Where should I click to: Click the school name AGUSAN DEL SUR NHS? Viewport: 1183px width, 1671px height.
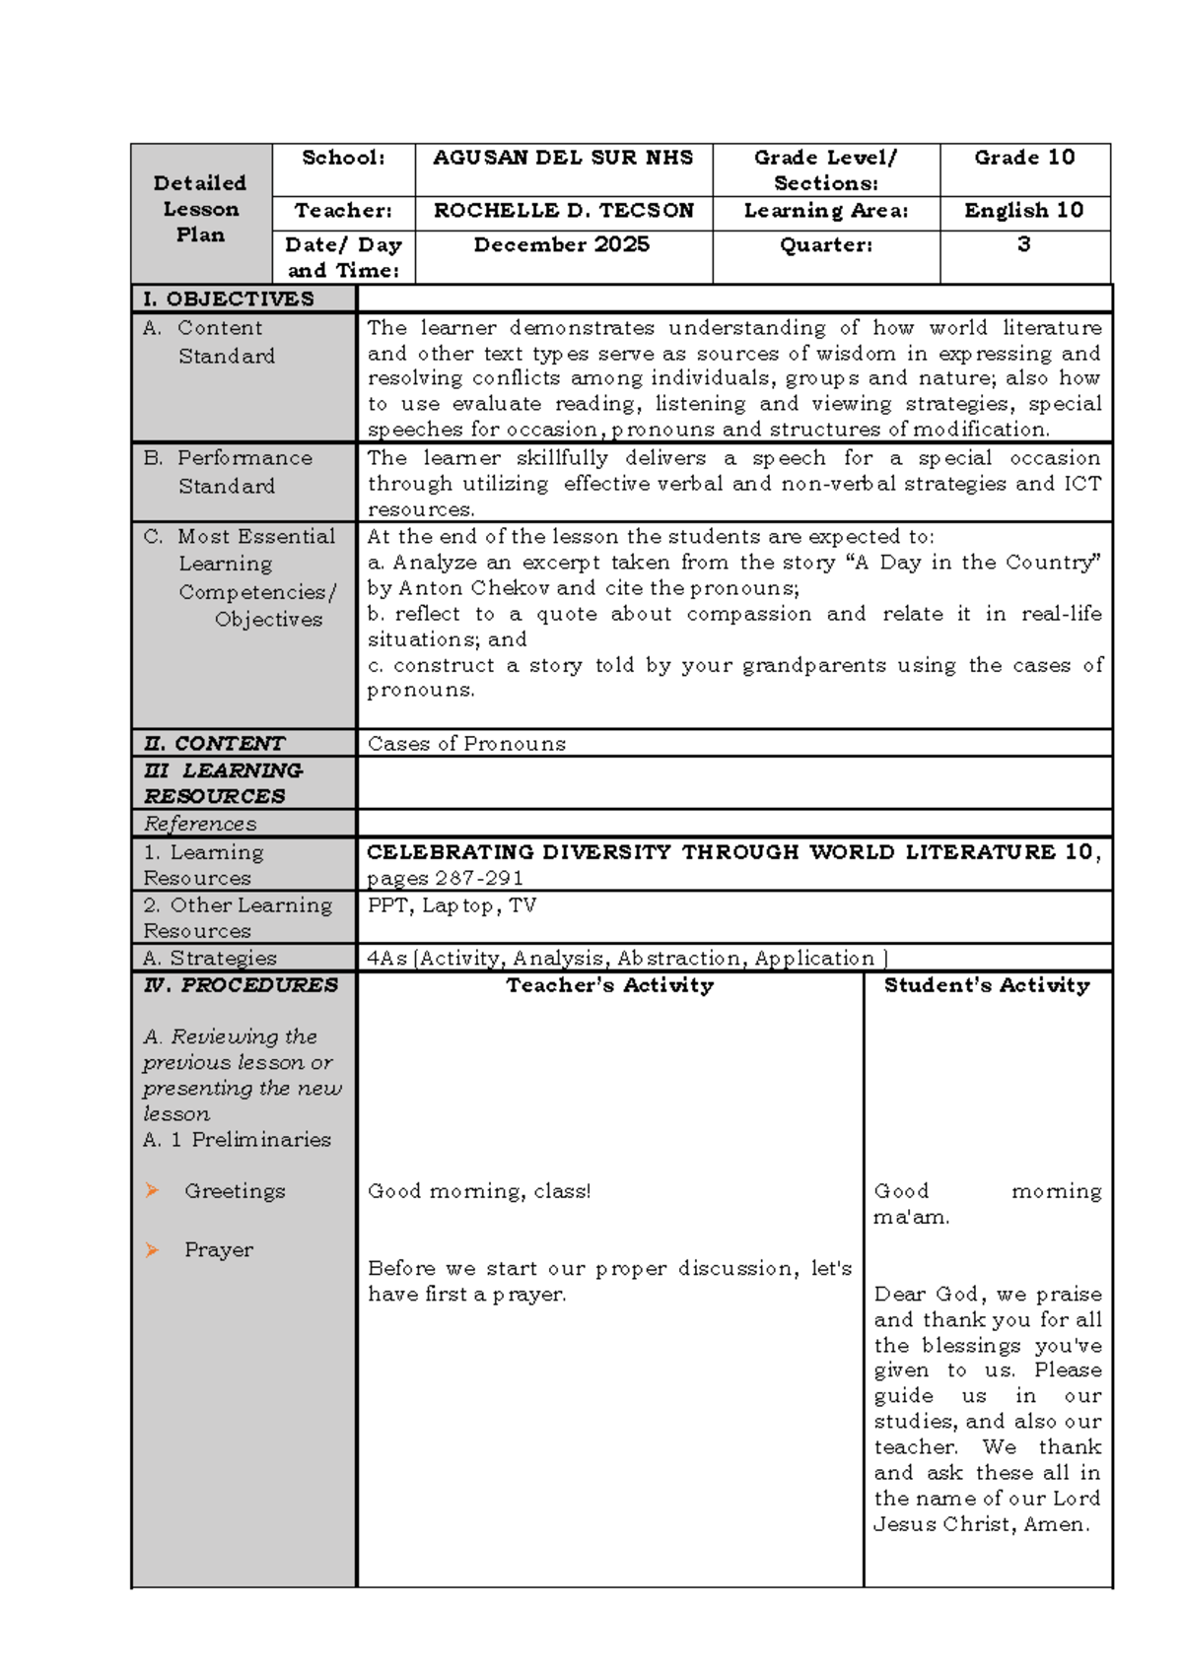pos(563,158)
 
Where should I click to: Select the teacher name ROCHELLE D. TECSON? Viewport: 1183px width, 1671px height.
pos(563,211)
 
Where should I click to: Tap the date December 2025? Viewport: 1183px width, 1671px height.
pos(561,244)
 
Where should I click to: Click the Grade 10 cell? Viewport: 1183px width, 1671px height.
pos(1024,158)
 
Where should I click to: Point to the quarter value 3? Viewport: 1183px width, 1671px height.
pos(1024,244)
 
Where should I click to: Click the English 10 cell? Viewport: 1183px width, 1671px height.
pos(1024,211)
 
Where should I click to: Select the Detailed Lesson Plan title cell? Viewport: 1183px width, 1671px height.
pos(200,209)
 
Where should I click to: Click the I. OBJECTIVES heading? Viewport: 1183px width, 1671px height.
pos(229,300)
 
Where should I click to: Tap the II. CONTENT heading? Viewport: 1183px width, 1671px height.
pos(214,744)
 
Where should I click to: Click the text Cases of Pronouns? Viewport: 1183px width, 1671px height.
pos(466,744)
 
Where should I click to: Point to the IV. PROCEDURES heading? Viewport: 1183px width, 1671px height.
pos(240,985)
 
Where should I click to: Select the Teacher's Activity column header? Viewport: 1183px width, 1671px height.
pos(609,985)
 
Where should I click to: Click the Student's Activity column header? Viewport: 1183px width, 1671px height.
pos(987,985)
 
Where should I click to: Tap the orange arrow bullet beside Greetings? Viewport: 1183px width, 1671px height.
pos(152,1190)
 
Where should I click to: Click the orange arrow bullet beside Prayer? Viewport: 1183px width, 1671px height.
pos(152,1249)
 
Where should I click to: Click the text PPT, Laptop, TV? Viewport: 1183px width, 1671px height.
pos(452,905)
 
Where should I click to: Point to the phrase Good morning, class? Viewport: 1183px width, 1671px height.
pos(479,1191)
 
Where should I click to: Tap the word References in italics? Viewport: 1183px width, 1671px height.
pos(200,824)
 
